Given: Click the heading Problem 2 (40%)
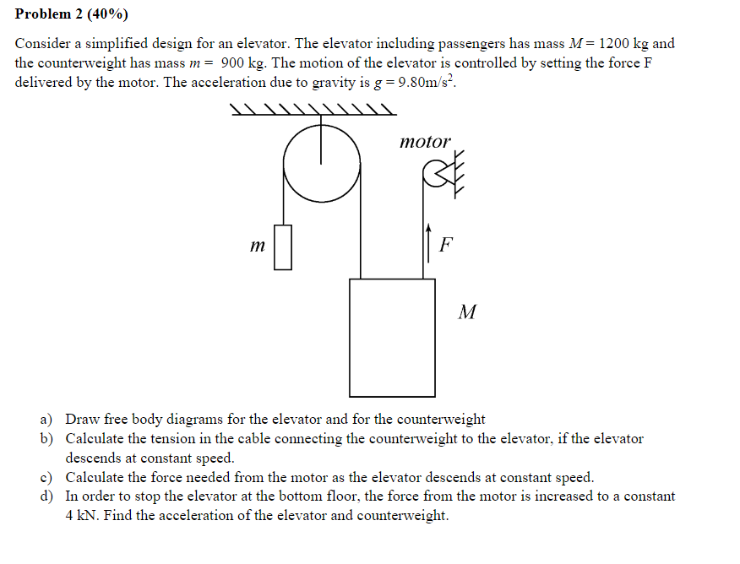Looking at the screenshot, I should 72,14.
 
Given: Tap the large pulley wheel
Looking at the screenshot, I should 321,165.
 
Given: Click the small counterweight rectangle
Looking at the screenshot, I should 283,247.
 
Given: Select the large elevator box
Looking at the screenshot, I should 392,337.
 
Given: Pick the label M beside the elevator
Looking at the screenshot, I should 466,313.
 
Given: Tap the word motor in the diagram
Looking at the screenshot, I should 425,142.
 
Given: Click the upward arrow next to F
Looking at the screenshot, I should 428,240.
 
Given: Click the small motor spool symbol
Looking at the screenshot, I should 433,175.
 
